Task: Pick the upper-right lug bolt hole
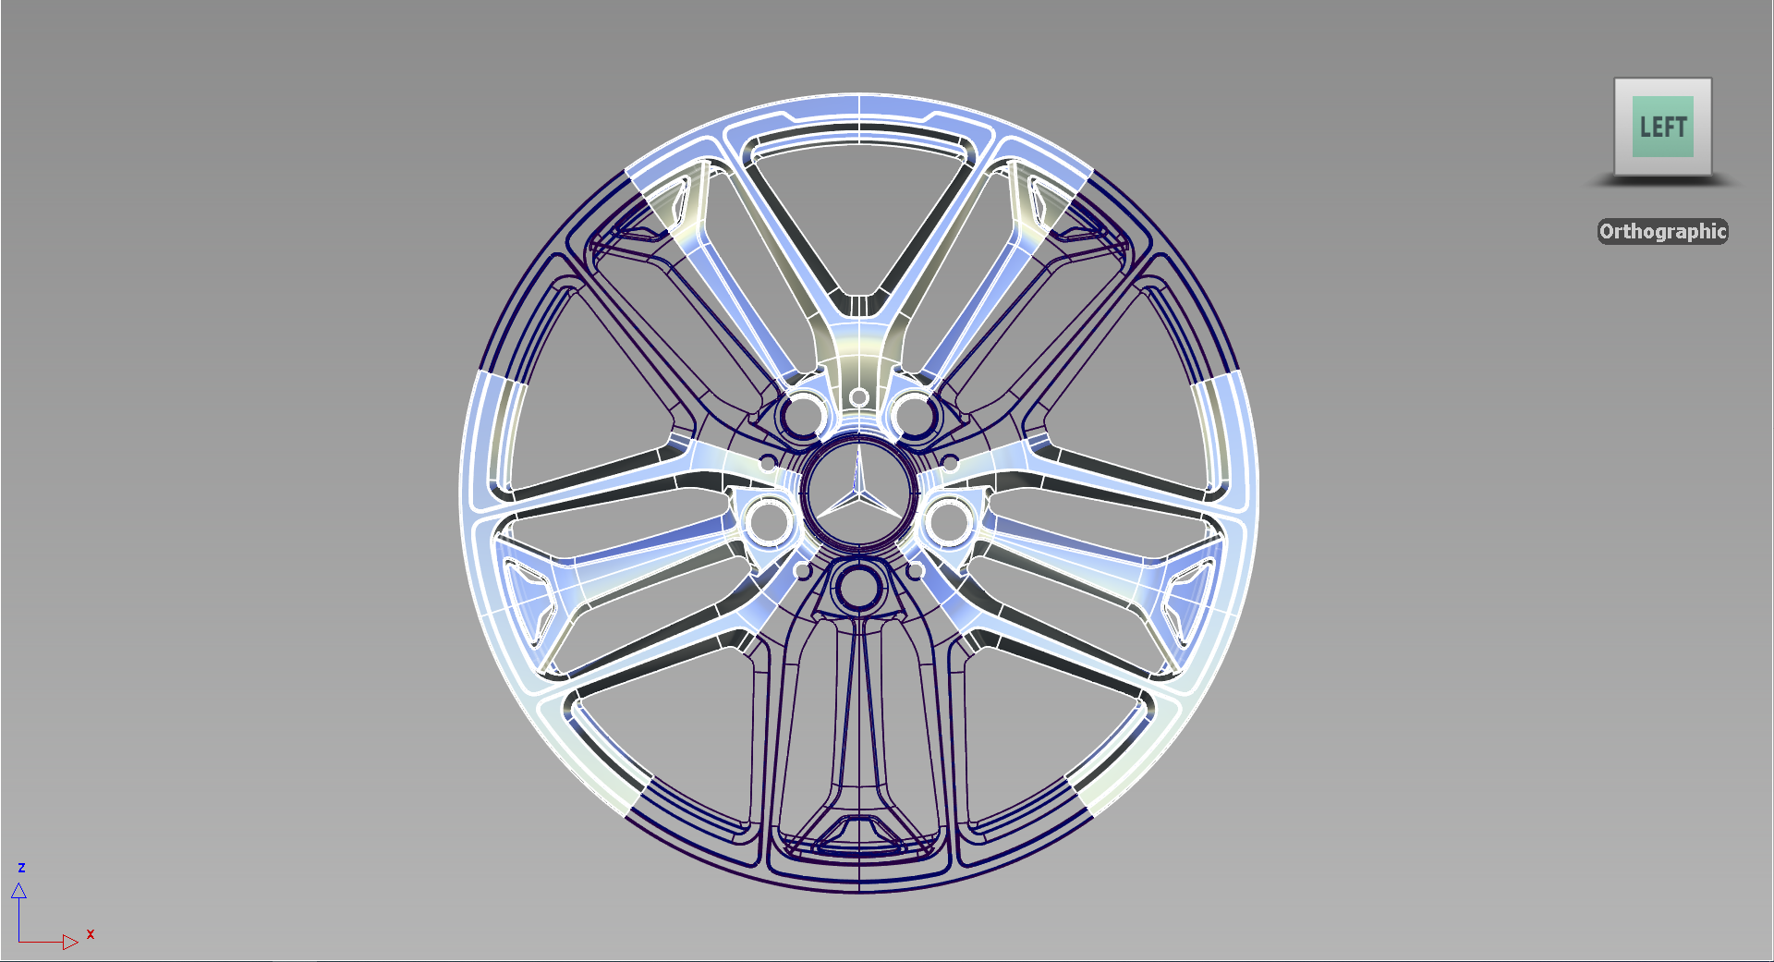[914, 413]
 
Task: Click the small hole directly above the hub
[858, 397]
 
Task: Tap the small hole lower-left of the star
[802, 572]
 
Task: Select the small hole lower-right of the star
[916, 572]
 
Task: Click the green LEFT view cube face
[1662, 127]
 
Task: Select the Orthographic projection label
[1662, 231]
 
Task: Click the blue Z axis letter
[21, 868]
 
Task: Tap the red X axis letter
[91, 934]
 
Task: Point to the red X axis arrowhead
[70, 942]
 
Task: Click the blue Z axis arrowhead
[18, 891]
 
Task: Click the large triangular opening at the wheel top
[859, 213]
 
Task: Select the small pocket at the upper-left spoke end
[667, 197]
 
